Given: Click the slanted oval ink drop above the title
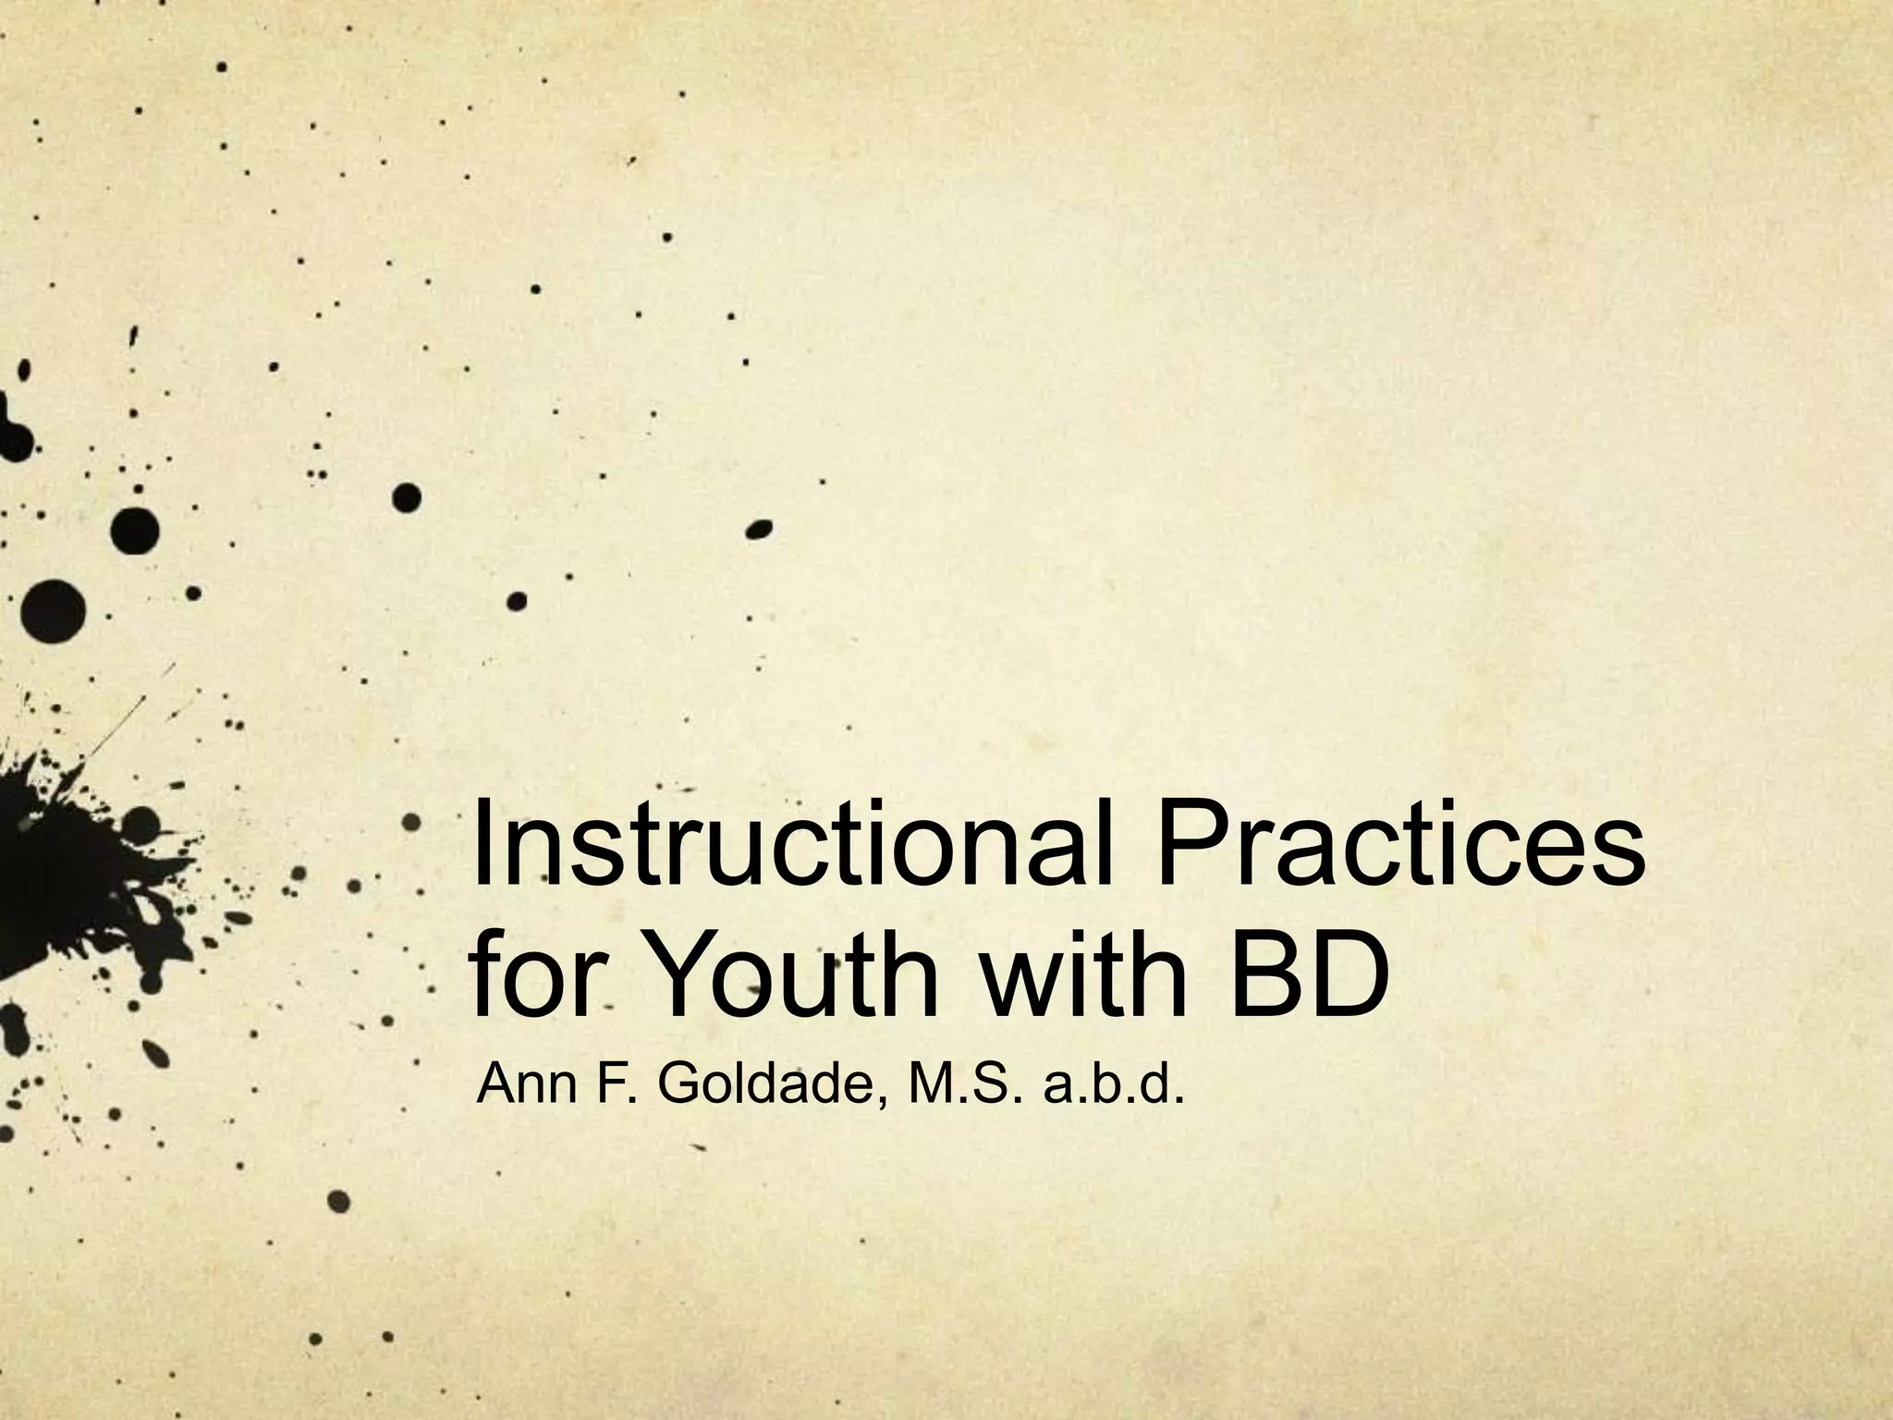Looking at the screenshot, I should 759,529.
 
